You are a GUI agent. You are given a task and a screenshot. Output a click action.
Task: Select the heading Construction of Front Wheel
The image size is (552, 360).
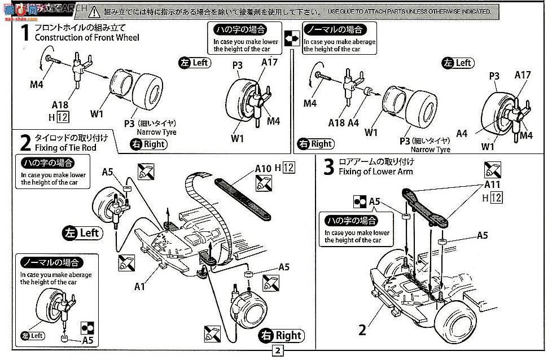[x=87, y=38]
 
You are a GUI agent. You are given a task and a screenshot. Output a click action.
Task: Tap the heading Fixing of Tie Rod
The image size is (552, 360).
[x=65, y=148]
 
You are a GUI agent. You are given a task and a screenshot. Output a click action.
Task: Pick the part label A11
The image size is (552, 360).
[x=492, y=184]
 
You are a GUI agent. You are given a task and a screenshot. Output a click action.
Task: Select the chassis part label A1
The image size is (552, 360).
[x=140, y=287]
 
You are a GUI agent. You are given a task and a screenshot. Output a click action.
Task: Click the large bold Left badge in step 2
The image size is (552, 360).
[x=82, y=232]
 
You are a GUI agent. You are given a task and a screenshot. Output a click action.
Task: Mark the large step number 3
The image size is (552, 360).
[x=328, y=166]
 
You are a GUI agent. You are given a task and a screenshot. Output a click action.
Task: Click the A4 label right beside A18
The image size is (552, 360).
[x=353, y=123]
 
